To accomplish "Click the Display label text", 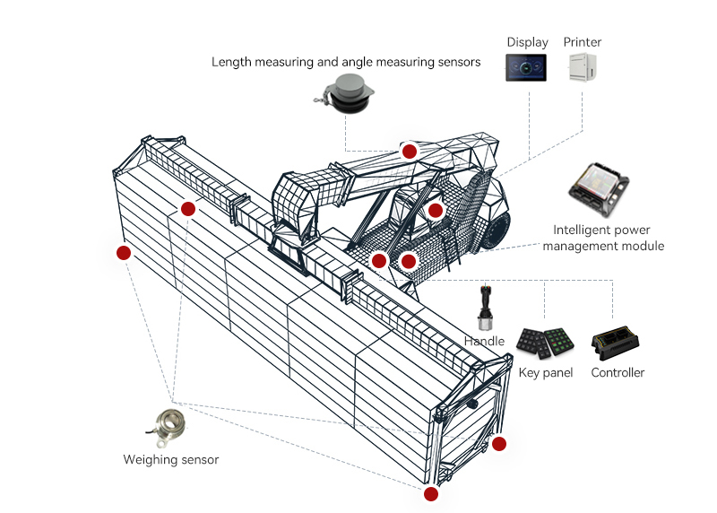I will [x=527, y=42].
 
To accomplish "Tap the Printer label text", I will [x=582, y=42].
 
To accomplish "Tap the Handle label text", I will [x=484, y=342].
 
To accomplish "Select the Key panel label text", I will [x=546, y=372].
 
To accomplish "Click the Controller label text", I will [x=618, y=372].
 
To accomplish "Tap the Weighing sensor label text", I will [x=170, y=460].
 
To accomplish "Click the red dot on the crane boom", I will [x=410, y=152].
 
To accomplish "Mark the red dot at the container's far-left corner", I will [x=124, y=253].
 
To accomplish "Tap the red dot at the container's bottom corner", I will [x=431, y=494].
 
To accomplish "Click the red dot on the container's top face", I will [x=187, y=209].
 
